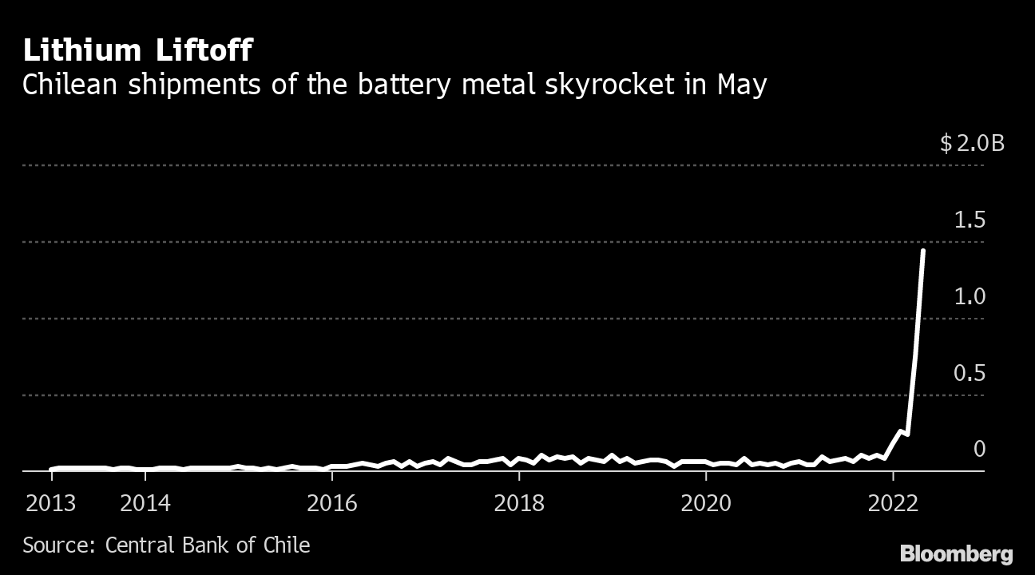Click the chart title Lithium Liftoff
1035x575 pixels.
click(x=137, y=51)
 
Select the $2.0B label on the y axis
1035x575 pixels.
click(x=972, y=144)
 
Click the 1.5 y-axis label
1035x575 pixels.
click(x=970, y=220)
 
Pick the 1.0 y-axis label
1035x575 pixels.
click(x=970, y=297)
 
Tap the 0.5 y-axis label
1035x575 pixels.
click(x=970, y=374)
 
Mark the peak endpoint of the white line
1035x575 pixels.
click(x=923, y=251)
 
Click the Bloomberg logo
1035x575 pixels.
click(x=956, y=554)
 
